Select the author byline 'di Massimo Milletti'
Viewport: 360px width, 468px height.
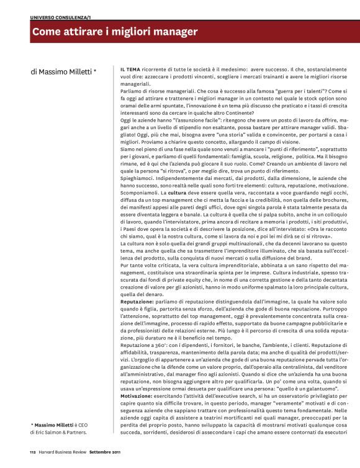tap(63, 73)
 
